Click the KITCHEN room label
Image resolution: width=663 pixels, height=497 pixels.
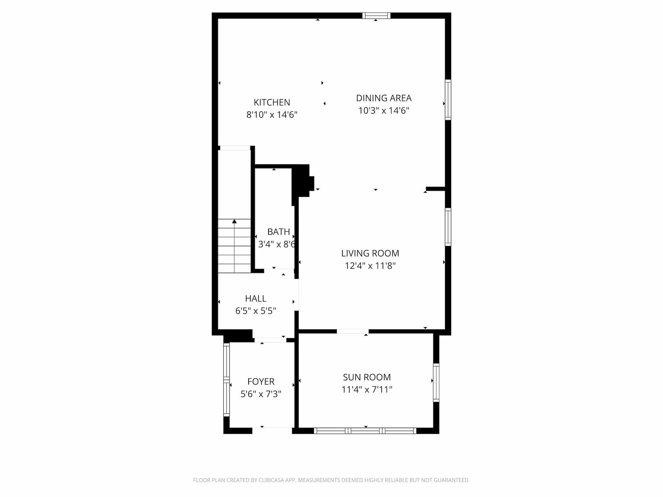pyautogui.click(x=271, y=102)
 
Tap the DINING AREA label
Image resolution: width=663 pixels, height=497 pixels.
pyautogui.click(x=384, y=98)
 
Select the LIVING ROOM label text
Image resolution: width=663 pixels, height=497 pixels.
pyautogui.click(x=370, y=253)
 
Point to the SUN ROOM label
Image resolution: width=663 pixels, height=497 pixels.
pyautogui.click(x=367, y=377)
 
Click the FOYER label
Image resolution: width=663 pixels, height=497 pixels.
pyautogui.click(x=261, y=381)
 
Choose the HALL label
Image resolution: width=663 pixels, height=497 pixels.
pyautogui.click(x=256, y=299)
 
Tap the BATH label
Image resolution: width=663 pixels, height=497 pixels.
pyautogui.click(x=278, y=232)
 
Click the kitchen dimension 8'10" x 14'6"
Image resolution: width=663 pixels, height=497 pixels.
pyautogui.click(x=272, y=115)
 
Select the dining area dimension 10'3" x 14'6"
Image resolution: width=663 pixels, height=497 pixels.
pyautogui.click(x=384, y=111)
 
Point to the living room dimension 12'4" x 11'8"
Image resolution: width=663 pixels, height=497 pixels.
pyautogui.click(x=370, y=265)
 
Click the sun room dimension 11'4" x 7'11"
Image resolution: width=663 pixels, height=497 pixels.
pyautogui.click(x=367, y=389)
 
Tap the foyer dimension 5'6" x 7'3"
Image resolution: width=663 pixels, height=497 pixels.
pyautogui.click(x=261, y=394)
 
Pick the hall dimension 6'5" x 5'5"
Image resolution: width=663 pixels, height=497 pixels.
pyautogui.click(x=256, y=311)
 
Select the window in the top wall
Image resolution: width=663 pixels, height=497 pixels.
pyautogui.click(x=376, y=16)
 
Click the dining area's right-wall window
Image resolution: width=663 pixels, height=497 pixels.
pyautogui.click(x=448, y=99)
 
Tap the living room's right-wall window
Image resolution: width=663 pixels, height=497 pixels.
pyautogui.click(x=448, y=227)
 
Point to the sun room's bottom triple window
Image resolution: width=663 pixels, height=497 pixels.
pyautogui.click(x=365, y=431)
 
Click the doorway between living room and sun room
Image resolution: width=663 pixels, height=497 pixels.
pyautogui.click(x=353, y=331)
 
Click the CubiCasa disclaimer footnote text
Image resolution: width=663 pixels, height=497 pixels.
pyautogui.click(x=331, y=480)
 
